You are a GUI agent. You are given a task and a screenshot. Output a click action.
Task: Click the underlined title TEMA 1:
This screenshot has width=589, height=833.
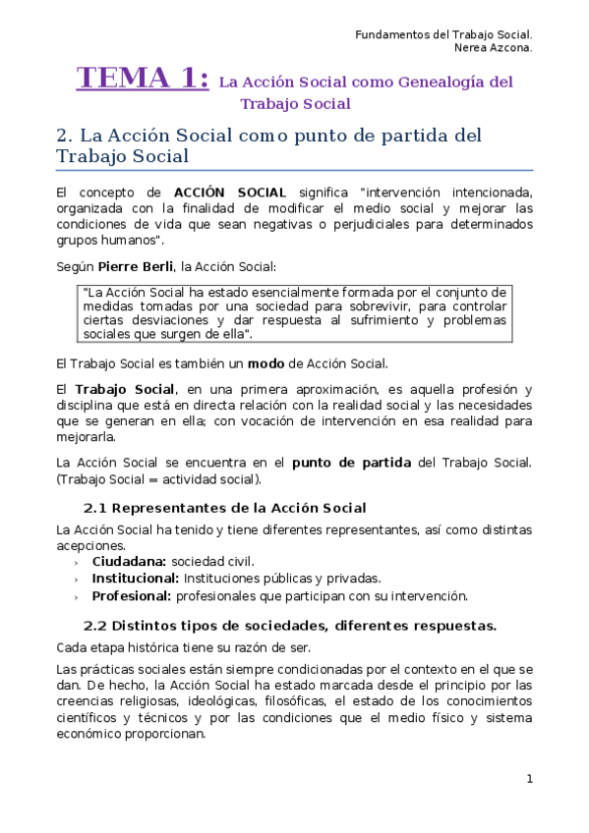(x=143, y=78)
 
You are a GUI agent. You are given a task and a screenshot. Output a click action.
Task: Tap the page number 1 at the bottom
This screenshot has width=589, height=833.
(x=529, y=779)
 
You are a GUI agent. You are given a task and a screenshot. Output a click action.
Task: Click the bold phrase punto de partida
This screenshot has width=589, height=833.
(x=351, y=462)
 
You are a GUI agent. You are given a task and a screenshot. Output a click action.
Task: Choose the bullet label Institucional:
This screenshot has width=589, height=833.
(x=135, y=578)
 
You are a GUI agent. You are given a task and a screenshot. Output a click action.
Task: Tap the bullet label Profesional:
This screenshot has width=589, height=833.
(x=131, y=595)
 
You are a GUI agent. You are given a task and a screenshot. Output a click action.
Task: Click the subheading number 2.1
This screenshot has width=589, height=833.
(x=94, y=508)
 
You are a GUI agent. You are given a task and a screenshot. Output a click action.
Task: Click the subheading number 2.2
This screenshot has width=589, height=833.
(x=94, y=625)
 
